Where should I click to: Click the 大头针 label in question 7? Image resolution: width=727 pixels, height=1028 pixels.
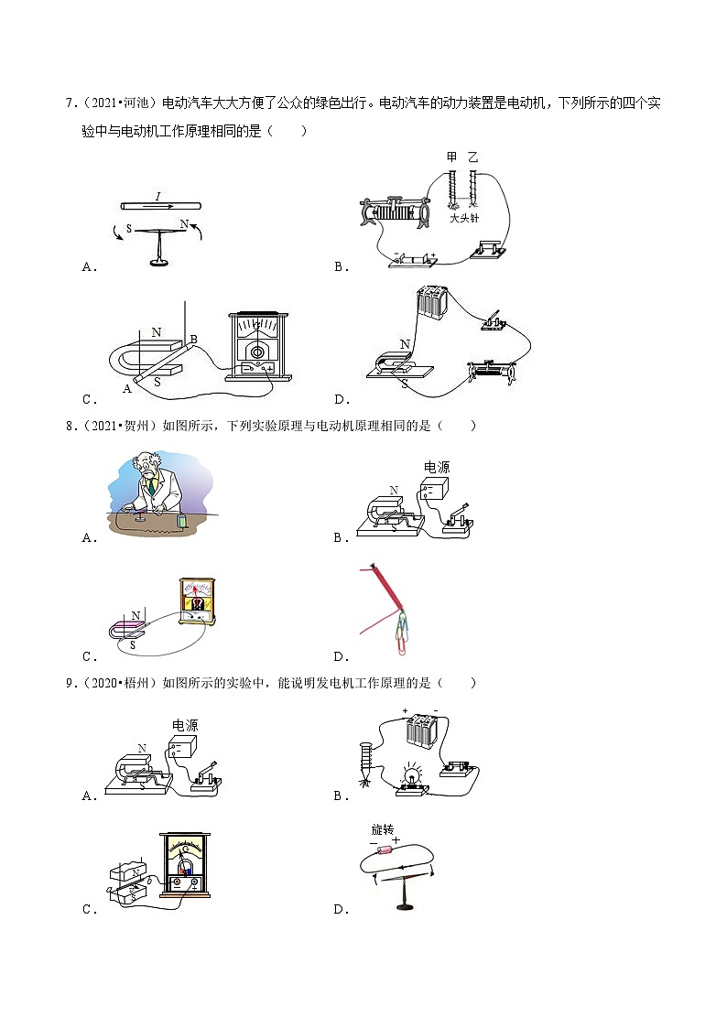pos(464,218)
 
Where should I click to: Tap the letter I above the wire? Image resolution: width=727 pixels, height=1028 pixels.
pos(158,196)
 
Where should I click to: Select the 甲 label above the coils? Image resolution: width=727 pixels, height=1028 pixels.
pos(451,157)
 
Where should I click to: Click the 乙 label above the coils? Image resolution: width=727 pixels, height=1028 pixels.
pos(472,157)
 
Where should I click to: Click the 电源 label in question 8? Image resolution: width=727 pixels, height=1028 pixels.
pos(437,467)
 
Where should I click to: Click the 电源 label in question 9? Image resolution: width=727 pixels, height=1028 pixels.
pos(185,725)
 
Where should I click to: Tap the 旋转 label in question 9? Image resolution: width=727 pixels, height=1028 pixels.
pos(383,830)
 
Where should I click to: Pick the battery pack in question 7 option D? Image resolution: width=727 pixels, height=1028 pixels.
pos(432,302)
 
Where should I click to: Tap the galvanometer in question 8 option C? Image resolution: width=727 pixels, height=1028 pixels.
pos(198,601)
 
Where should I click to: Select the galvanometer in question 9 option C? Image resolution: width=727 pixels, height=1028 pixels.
pos(185,865)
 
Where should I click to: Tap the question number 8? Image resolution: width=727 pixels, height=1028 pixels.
pos(70,426)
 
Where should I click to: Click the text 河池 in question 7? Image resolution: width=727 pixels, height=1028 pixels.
pos(136,103)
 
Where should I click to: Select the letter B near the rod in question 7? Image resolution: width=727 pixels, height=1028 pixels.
pos(193,339)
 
